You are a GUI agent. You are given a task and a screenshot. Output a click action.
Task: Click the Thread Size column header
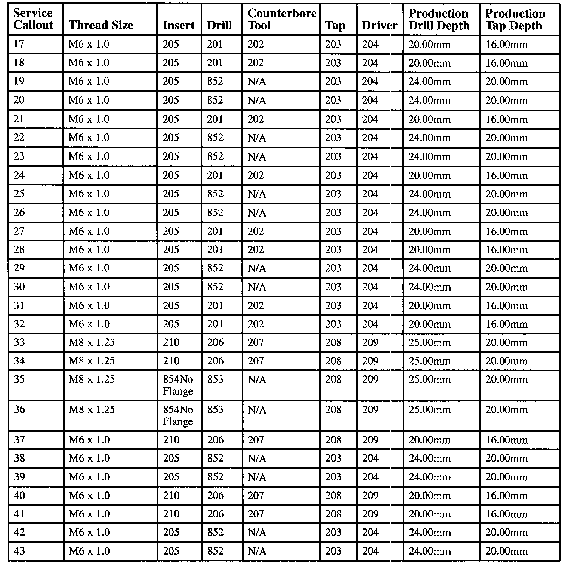[x=101, y=25]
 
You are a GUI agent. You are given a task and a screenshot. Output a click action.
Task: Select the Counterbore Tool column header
[x=281, y=19]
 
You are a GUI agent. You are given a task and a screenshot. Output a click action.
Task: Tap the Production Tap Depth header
[x=515, y=19]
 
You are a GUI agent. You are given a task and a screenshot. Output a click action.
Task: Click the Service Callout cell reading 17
[x=19, y=44]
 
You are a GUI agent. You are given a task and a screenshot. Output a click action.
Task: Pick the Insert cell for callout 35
[x=178, y=385]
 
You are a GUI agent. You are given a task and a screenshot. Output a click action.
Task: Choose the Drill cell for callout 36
[x=215, y=410]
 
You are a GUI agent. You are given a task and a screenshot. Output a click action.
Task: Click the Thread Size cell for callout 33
[x=92, y=342]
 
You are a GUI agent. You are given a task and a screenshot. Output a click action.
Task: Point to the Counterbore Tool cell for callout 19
[x=257, y=82]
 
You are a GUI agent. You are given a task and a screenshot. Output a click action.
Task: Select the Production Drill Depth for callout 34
[x=429, y=361]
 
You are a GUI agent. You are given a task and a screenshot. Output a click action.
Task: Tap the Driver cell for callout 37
[x=370, y=440]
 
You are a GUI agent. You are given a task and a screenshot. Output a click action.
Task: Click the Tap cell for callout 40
[x=333, y=496]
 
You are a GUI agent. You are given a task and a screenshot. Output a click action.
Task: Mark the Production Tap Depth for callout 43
[x=506, y=551]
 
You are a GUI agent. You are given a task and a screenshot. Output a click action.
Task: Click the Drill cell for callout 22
[x=215, y=138]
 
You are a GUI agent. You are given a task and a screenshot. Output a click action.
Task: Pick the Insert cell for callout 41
[x=171, y=514]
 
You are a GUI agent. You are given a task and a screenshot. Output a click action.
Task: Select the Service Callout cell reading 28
[x=19, y=249]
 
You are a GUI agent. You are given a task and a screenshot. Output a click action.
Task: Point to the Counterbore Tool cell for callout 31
[x=256, y=305]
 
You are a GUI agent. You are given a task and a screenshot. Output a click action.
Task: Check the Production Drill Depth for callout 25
[x=429, y=194]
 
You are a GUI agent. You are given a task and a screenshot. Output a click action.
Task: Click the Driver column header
[x=380, y=25]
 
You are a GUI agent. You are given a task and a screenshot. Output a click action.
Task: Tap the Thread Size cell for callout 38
[x=89, y=459]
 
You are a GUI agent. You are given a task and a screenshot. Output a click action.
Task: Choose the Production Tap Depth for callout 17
[x=506, y=45]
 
